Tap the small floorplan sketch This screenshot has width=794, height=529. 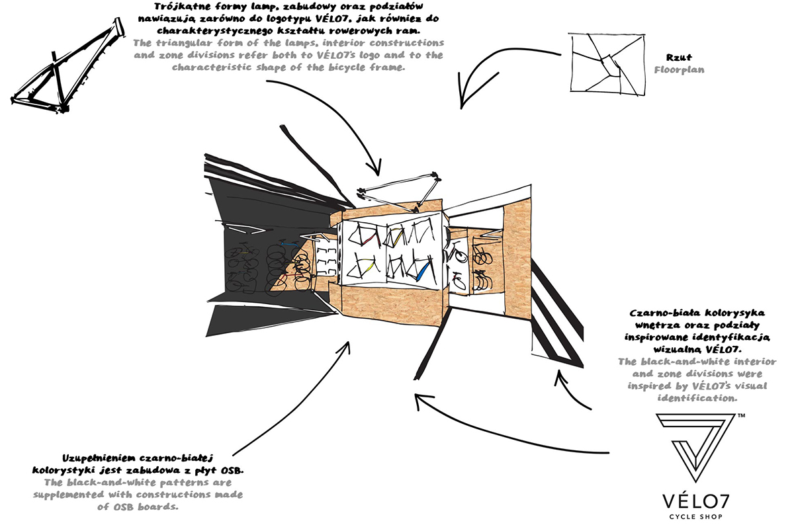point(607,64)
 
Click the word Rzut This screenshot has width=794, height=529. point(679,57)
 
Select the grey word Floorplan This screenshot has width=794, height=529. point(679,70)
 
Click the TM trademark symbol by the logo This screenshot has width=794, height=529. point(740,416)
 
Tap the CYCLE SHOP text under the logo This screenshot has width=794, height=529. point(695,517)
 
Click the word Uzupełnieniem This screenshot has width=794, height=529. point(95,458)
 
